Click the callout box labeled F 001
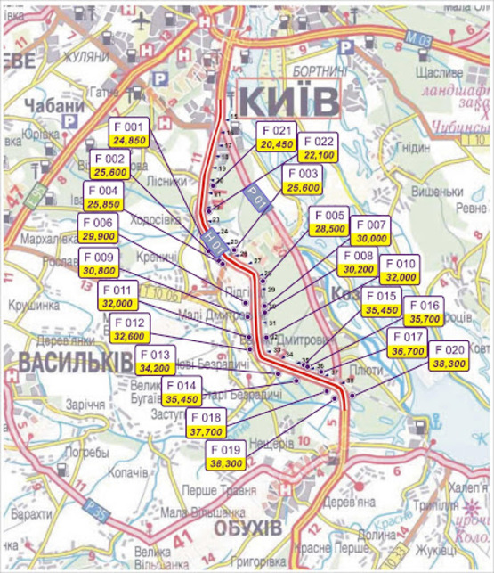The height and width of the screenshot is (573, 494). pos(129,134)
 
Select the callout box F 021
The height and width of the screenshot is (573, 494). pos(277,137)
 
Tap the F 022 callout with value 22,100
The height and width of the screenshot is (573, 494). pos(318,148)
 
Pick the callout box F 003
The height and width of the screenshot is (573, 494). pos(305,181)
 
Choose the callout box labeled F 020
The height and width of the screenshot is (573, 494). pos(449,357)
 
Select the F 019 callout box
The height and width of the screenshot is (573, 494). pos(226,457)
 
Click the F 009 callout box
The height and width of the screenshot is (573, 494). pos(99,263)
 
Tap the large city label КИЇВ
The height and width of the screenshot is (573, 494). pos(289,98)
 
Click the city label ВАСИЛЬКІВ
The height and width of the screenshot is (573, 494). pos(62,359)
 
